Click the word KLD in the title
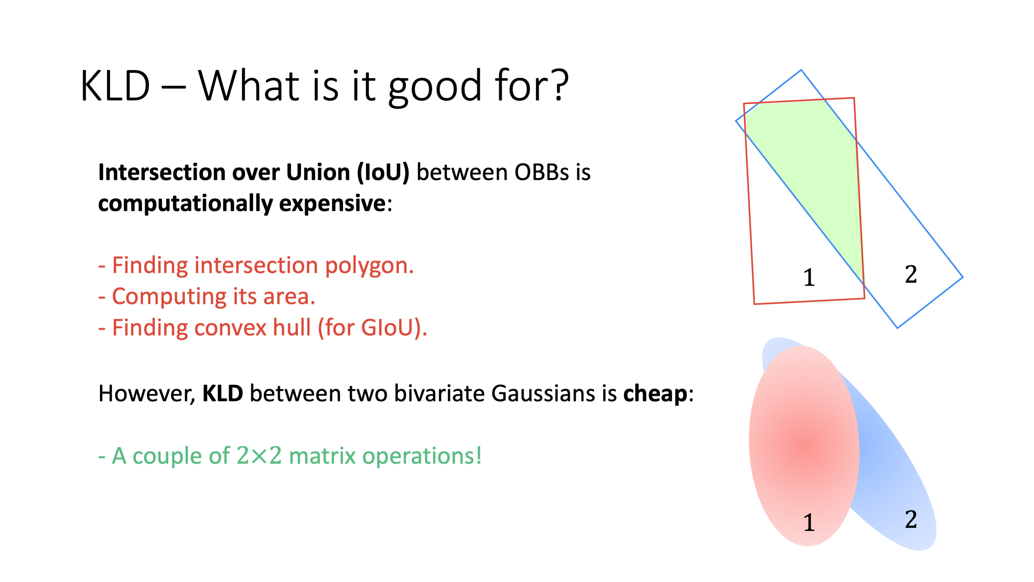tap(115, 86)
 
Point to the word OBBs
tap(542, 172)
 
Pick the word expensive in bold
tap(332, 204)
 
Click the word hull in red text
tap(292, 327)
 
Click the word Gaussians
tap(543, 393)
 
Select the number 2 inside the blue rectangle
tap(911, 275)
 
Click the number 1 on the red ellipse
tap(809, 523)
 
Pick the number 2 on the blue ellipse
tap(911, 519)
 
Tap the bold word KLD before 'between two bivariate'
tap(222, 393)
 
